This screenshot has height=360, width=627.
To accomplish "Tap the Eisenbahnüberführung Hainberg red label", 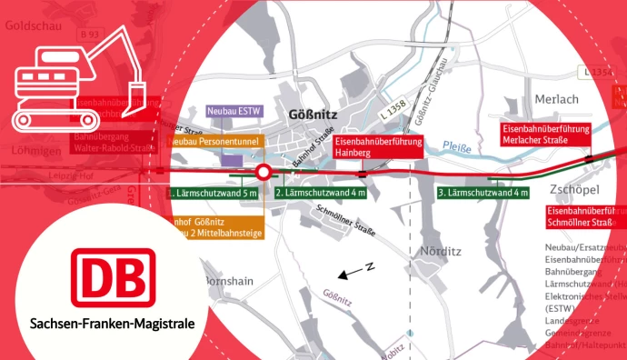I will coord(378,149).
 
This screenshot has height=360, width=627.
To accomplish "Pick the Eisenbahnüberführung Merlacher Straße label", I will coord(546,135).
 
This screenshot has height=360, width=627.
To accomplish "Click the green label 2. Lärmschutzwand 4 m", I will coord(320,193).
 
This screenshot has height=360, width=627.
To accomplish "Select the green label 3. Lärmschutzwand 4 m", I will coord(483,193).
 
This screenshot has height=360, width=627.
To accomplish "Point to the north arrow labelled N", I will coord(352,272).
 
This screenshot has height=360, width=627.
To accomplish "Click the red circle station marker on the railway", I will coord(264,171).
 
